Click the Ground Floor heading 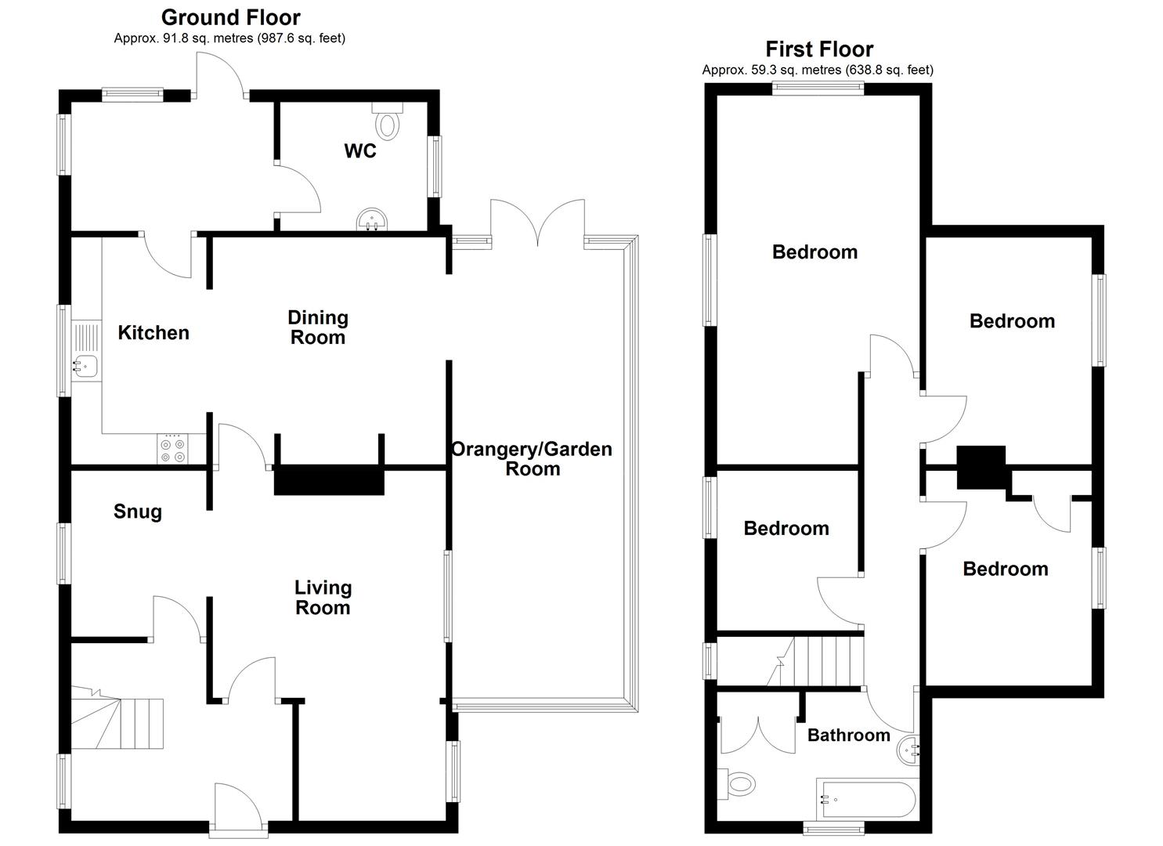(x=230, y=17)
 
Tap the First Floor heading (x=819, y=49)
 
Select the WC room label (x=360, y=150)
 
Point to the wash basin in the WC (x=372, y=219)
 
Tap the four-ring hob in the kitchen (x=172, y=450)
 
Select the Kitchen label (x=154, y=333)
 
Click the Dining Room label (x=317, y=327)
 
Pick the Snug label (x=138, y=512)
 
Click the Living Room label (x=323, y=598)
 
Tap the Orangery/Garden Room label (x=532, y=459)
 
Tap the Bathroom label (x=849, y=735)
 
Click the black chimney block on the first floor (x=981, y=467)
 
